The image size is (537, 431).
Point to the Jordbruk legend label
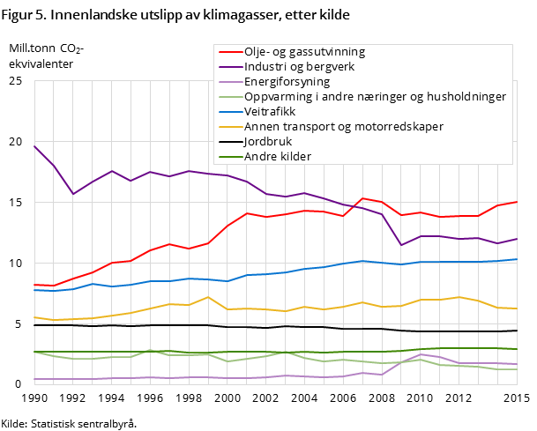pos(268,141)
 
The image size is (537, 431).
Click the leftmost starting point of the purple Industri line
pos(34,145)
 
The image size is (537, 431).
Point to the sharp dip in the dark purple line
pos(401,245)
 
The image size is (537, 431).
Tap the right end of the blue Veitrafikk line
pos(517,259)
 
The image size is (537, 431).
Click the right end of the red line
pos(517,202)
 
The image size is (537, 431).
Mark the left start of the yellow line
pos(34,317)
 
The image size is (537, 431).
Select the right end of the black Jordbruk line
pos(517,331)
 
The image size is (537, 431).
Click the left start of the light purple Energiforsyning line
pos(34,379)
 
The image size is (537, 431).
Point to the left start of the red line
pos(34,285)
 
